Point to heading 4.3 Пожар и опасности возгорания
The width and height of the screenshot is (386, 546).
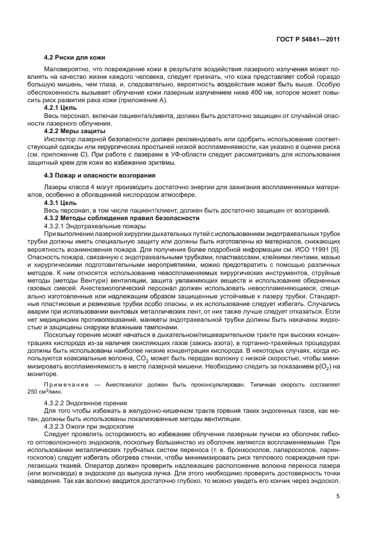(x=99, y=175)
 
